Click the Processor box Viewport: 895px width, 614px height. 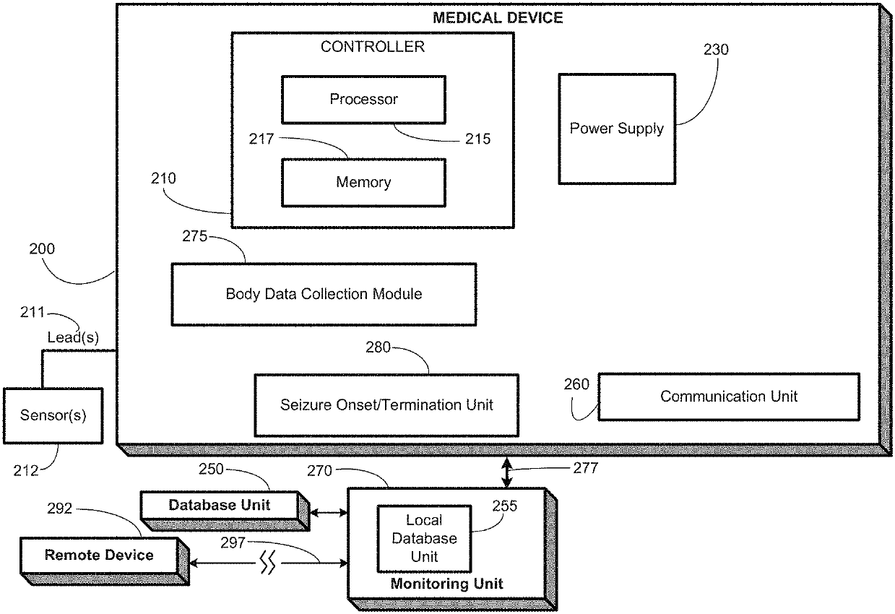363,99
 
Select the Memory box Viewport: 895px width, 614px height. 363,182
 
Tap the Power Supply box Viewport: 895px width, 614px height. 617,129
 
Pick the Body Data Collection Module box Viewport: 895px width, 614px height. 324,294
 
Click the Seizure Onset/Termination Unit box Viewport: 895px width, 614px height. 386,405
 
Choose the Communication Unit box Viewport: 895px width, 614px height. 729,396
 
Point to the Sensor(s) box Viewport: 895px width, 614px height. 53,416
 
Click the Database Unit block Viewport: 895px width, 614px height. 219,504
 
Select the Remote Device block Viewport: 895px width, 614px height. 99,555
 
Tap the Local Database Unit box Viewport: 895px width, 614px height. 424,538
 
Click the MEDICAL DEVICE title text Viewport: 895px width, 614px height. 497,18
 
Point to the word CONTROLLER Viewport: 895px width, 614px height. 373,48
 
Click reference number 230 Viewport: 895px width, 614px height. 716,50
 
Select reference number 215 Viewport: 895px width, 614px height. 477,139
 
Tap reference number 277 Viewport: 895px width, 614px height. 585,468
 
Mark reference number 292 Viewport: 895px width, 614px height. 59,509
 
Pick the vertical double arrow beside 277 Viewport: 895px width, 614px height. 508,471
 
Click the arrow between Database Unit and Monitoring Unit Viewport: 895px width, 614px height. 329,513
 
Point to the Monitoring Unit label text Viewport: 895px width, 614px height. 446,583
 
